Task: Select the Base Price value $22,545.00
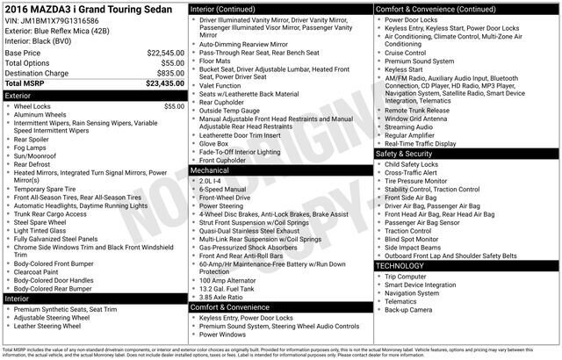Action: click(x=166, y=53)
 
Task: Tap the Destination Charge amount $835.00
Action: click(x=169, y=73)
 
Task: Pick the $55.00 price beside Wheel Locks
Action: click(x=174, y=105)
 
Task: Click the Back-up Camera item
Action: click(x=407, y=309)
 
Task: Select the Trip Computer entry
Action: click(x=406, y=277)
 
